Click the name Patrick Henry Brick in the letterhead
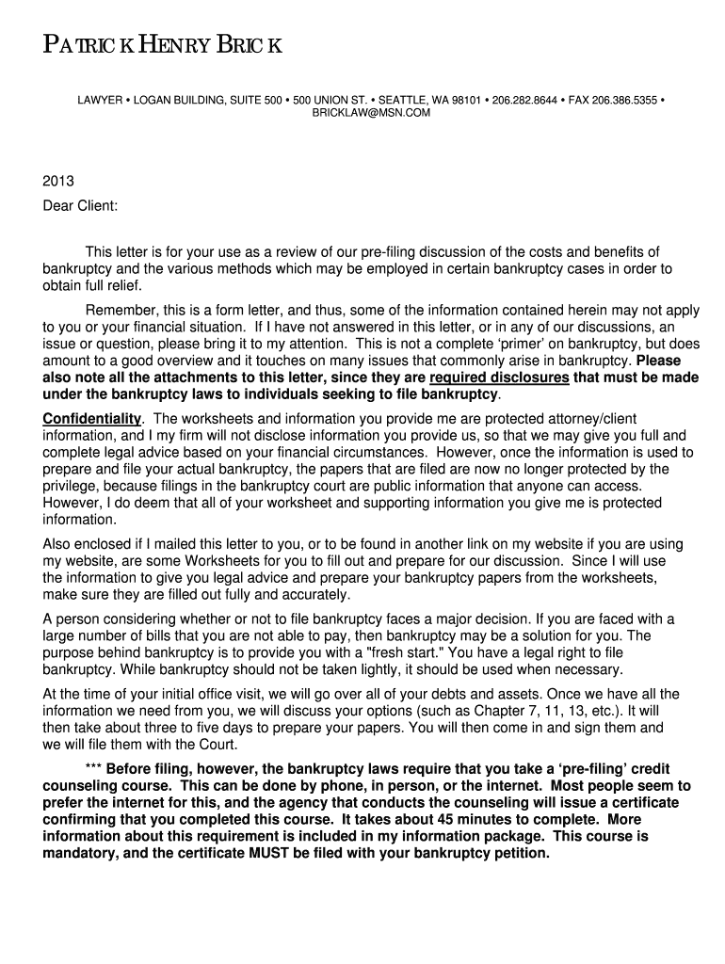point(161,47)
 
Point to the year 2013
point(58,181)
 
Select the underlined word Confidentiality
point(91,418)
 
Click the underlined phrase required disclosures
point(499,378)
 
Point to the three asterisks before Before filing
point(93,768)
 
